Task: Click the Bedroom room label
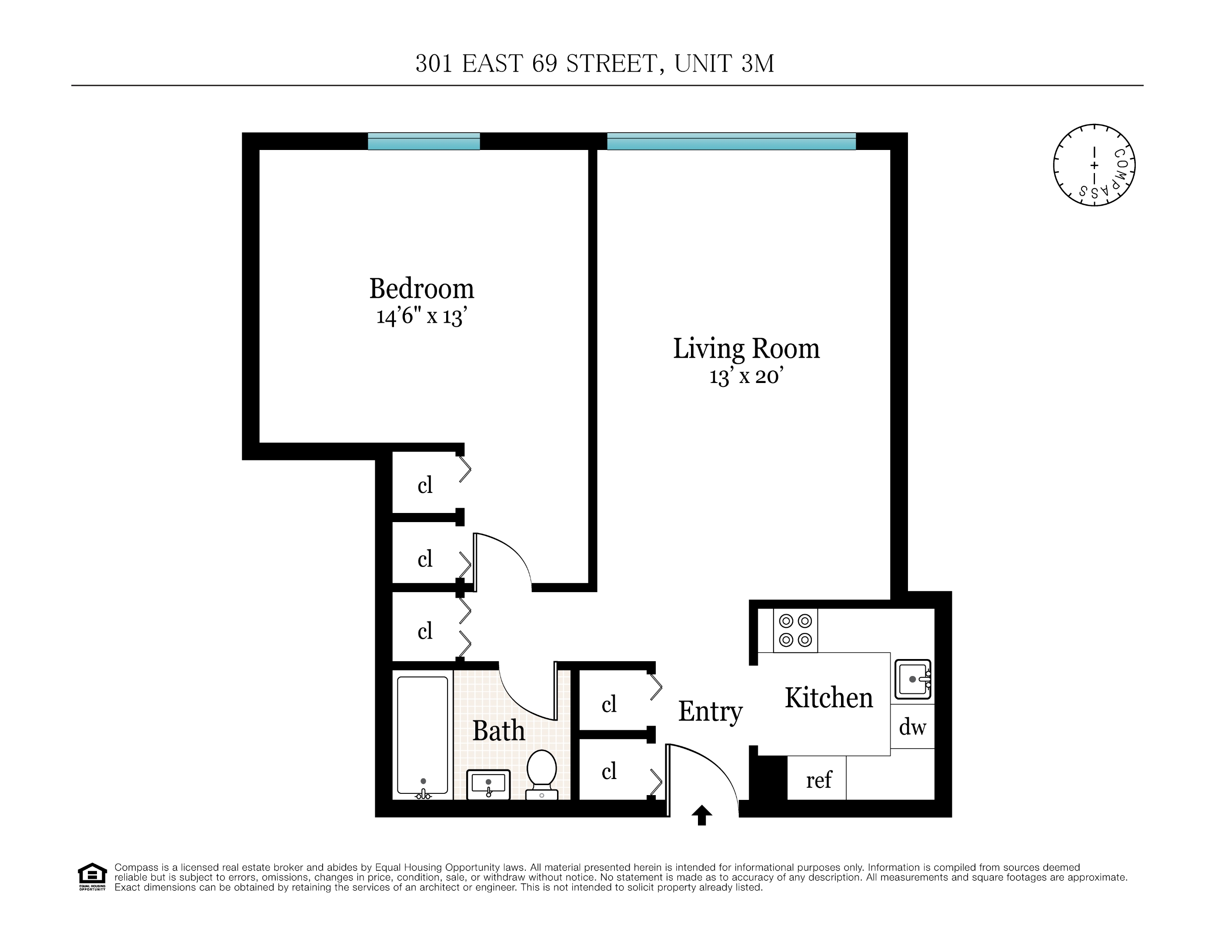[422, 289]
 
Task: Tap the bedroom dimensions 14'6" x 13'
[422, 316]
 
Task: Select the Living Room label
[746, 349]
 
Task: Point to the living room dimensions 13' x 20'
[746, 376]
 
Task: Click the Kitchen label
[828, 698]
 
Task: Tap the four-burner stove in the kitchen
[795, 630]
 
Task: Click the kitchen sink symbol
[912, 679]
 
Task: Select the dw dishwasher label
[912, 727]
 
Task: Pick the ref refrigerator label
[818, 780]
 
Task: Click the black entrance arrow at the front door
[701, 815]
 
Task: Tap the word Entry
[710, 712]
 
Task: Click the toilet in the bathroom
[541, 774]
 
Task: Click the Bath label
[498, 731]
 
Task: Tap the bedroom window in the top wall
[424, 141]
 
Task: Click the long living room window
[731, 141]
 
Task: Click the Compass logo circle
[1094, 165]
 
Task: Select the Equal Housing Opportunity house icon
[92, 876]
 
